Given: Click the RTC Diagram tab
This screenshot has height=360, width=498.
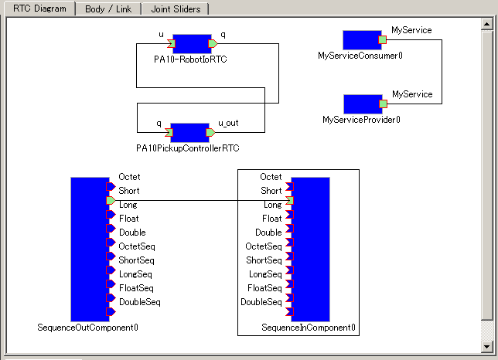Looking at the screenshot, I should (39, 9).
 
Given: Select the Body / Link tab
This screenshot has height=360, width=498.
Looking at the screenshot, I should (107, 9).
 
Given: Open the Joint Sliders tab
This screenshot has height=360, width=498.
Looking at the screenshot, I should (176, 9).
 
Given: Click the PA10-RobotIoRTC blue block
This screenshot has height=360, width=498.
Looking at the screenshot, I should (192, 43).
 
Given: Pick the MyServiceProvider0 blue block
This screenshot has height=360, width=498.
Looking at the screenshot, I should (361, 104).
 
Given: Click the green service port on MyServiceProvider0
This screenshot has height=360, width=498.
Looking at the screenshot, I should (382, 104).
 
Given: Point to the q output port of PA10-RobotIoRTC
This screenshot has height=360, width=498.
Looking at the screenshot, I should (213, 43).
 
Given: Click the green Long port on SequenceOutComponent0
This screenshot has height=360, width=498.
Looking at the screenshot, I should (111, 200).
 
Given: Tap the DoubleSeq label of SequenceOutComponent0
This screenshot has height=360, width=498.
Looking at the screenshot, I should (139, 302).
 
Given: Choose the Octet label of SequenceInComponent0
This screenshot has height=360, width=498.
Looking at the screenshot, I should (271, 177).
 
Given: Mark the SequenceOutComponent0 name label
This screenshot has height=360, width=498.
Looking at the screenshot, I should (88, 328).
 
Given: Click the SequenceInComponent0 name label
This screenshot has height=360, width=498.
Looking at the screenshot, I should (309, 328).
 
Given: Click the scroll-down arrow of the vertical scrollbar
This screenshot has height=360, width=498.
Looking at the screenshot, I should (486, 345).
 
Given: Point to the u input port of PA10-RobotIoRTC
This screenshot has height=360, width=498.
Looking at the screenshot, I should (170, 43).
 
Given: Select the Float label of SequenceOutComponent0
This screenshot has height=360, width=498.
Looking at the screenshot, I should (128, 219).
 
